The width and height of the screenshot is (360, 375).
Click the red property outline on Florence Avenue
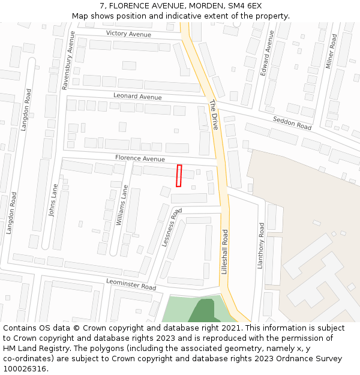tap(178, 175)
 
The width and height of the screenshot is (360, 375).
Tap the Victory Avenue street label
tap(128, 34)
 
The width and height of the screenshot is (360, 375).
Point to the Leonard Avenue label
tap(137, 97)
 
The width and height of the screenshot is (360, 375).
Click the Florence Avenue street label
tap(140, 159)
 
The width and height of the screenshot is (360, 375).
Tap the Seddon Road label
tap(292, 123)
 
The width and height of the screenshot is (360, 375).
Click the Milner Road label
tap(331, 51)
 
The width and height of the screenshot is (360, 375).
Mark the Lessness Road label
tap(172, 227)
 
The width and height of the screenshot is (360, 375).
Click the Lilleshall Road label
tap(224, 252)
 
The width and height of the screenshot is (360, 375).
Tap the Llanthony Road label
tap(260, 246)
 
